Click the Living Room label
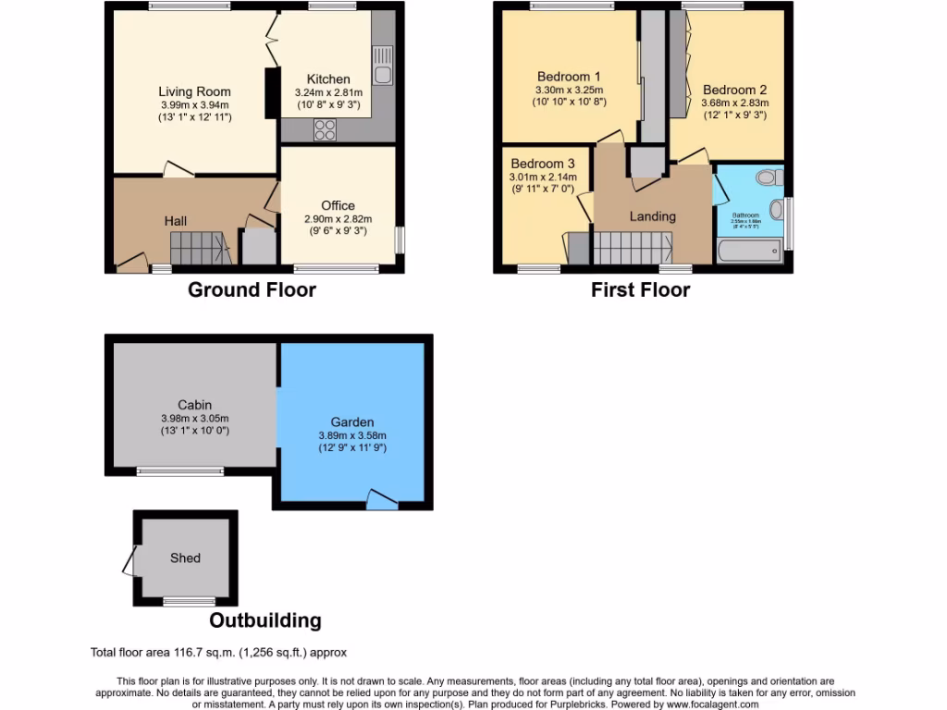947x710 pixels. coord(194,92)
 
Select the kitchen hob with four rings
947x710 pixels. coord(326,130)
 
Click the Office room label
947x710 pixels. coord(338,205)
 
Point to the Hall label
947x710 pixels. coord(176,221)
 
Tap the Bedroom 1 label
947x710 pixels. coord(569,77)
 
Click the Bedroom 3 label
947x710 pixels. coord(542,164)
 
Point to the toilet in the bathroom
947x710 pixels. coord(766,177)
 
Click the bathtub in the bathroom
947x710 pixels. coord(748,251)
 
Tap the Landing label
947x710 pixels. coord(653,216)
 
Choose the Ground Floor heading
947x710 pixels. coord(252,290)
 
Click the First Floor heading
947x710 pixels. coord(640,290)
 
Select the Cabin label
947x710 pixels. coord(195,405)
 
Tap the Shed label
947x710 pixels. coord(185,558)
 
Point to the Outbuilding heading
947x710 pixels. coord(265,621)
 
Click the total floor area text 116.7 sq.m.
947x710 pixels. coord(218,653)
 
